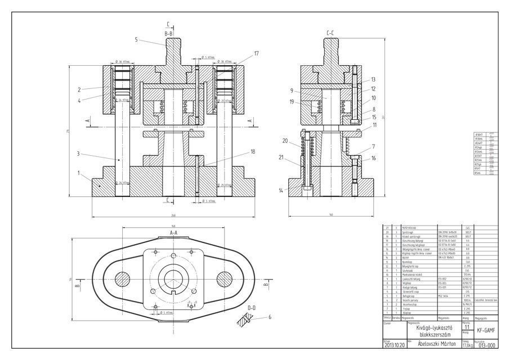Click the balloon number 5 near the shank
click(x=136, y=39)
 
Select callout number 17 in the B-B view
click(x=256, y=53)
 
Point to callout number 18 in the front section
click(x=253, y=151)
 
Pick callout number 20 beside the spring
click(x=285, y=141)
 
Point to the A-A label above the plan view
click(x=173, y=231)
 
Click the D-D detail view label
click(x=250, y=308)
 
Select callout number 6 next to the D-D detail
click(x=270, y=317)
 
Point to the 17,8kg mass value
click(x=467, y=346)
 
